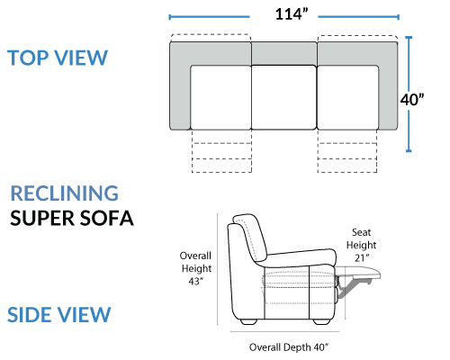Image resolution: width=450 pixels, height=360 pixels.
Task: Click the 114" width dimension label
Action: point(292,14)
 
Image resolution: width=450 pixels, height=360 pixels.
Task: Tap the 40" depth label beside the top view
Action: point(412,100)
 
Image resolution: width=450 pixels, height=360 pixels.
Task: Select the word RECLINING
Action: point(65,193)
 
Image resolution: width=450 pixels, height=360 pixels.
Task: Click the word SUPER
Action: point(41,218)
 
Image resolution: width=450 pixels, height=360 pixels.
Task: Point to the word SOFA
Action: point(106,218)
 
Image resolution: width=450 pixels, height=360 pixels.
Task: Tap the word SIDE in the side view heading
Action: point(30,315)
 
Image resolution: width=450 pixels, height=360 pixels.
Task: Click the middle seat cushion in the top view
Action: point(283,97)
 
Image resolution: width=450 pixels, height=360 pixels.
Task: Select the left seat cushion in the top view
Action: point(220,97)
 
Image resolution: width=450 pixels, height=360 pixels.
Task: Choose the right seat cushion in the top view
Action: point(347,97)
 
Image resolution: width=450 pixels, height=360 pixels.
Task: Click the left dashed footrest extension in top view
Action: point(221,151)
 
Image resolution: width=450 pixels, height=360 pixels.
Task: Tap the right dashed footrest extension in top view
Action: point(347,151)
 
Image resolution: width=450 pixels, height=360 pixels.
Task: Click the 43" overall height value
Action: point(196,282)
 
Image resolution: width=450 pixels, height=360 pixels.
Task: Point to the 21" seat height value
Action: point(362,257)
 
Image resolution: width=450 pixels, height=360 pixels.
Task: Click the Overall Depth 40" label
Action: point(289,347)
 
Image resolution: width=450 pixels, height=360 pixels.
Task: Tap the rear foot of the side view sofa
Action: point(248,321)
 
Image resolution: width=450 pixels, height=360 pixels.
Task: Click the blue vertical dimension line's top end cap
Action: point(409,38)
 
